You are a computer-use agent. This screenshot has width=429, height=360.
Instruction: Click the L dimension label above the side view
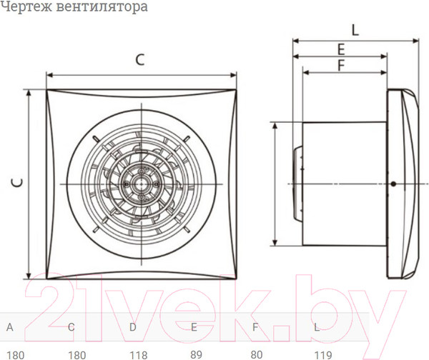(x=355, y=29)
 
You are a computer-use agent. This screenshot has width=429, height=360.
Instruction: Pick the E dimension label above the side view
(x=341, y=49)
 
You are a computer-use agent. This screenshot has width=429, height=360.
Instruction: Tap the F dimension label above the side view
(x=341, y=65)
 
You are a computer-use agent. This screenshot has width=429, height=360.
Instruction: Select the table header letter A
(x=9, y=328)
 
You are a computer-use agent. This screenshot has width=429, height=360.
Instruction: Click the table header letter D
(x=132, y=328)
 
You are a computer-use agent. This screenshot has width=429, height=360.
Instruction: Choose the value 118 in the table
(x=137, y=354)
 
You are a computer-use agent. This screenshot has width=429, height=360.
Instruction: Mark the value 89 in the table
(x=196, y=354)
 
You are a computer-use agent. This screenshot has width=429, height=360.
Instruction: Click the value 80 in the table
(x=257, y=354)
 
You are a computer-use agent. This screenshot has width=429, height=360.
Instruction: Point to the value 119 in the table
(x=322, y=354)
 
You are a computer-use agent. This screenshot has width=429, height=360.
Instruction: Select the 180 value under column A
(x=14, y=354)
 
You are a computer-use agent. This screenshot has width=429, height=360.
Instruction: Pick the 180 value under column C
(x=76, y=354)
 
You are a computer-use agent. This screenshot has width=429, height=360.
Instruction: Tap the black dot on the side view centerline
(x=393, y=184)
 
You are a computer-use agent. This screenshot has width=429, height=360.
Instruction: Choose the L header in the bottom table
(x=317, y=328)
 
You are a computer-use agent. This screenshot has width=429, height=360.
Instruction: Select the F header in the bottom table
(x=255, y=328)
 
